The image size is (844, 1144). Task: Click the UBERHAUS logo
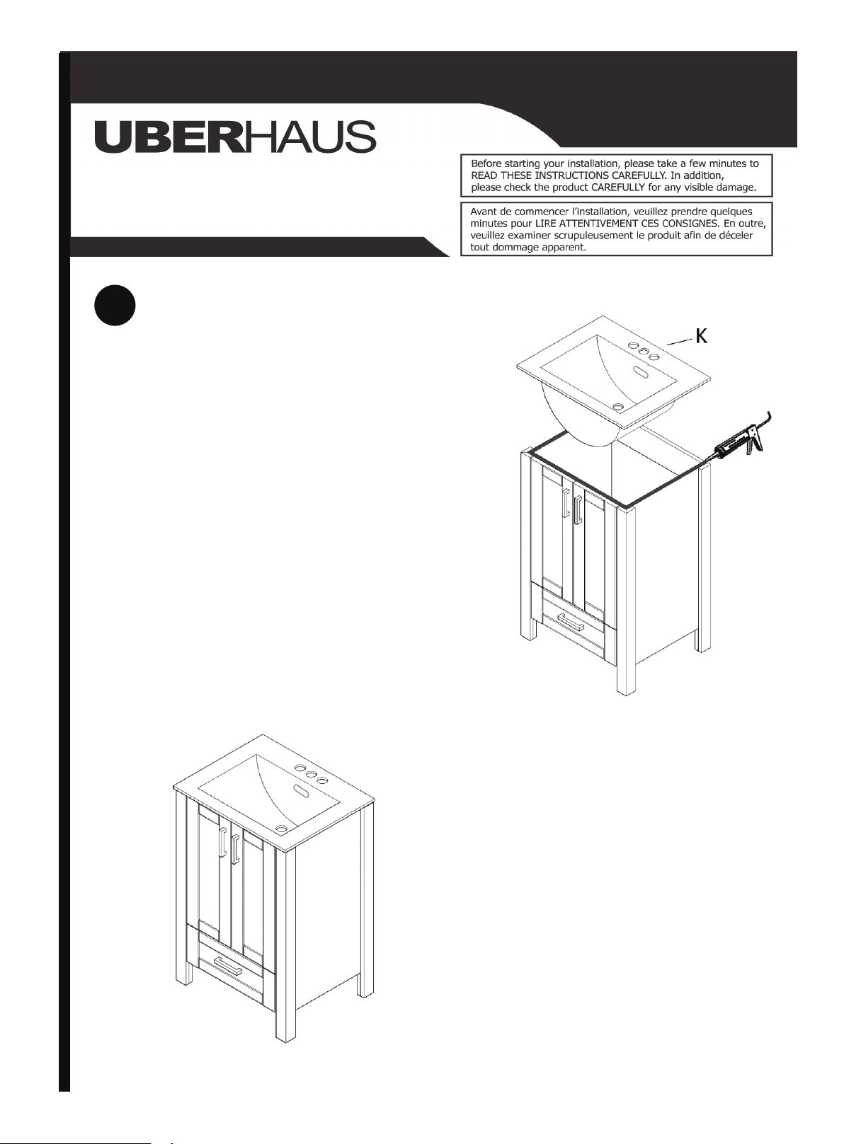click(x=236, y=137)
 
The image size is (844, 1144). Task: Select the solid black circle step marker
click(x=115, y=306)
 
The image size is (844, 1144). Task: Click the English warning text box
click(x=616, y=175)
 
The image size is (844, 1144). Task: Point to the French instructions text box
click(x=616, y=229)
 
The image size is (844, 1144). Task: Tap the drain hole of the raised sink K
click(x=618, y=407)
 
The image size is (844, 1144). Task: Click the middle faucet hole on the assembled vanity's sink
click(x=311, y=775)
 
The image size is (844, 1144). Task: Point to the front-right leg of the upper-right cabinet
click(x=626, y=601)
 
